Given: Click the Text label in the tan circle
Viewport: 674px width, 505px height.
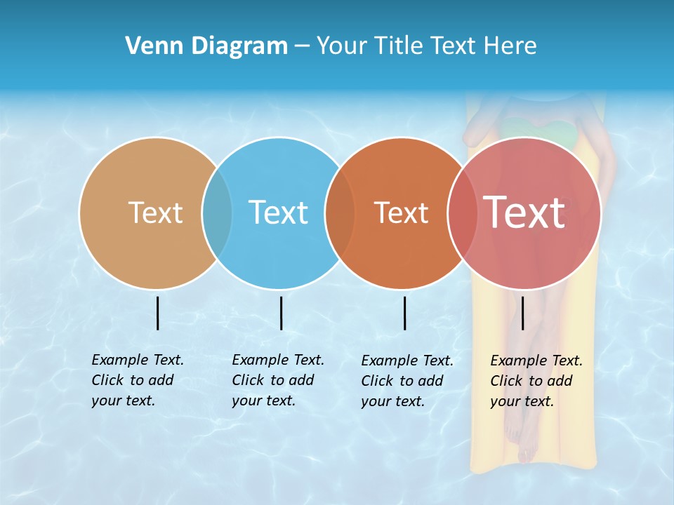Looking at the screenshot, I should [x=155, y=213].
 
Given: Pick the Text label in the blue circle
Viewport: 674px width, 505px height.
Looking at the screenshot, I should [x=278, y=213].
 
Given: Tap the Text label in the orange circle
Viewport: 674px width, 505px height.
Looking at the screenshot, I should [x=401, y=213].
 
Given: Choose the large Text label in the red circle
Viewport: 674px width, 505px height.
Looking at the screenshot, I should [x=524, y=213].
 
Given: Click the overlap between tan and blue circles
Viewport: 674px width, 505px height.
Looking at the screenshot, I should [x=217, y=213].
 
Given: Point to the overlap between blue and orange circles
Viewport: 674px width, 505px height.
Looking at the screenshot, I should [x=340, y=213].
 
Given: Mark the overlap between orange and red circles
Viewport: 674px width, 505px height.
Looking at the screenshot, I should [x=463, y=213].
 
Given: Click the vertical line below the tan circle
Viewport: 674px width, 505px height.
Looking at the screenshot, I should [x=158, y=313].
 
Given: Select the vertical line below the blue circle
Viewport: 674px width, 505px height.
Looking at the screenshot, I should [x=281, y=313].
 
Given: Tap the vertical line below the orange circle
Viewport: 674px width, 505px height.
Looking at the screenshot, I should [x=405, y=313].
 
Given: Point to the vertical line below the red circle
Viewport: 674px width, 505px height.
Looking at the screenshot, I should [x=523, y=313].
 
